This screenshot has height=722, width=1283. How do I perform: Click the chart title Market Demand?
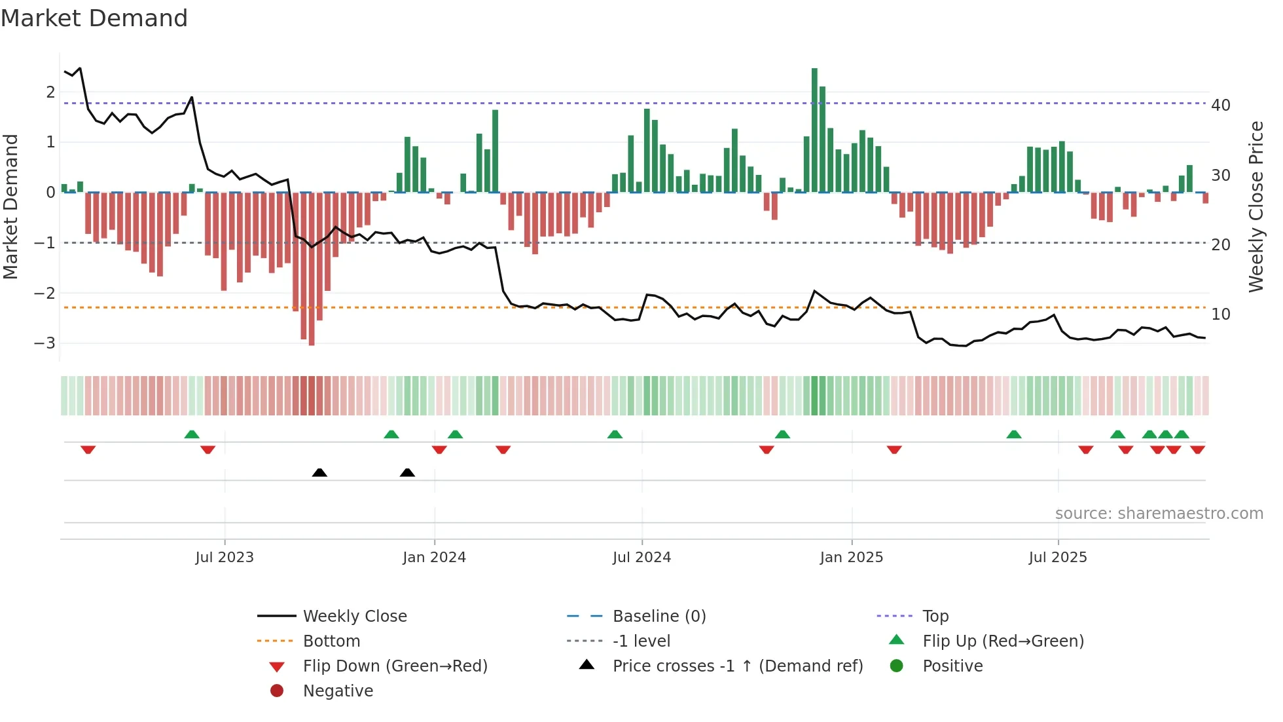point(94,18)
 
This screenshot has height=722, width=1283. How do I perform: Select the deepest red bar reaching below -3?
point(312,269)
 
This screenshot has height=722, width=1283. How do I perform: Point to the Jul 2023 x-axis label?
point(225,558)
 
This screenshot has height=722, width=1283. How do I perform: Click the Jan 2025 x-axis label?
point(851,558)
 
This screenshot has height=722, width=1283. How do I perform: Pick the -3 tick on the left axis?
point(45,343)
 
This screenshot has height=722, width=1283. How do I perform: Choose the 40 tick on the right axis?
point(1221,105)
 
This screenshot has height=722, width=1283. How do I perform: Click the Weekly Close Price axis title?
point(1256,206)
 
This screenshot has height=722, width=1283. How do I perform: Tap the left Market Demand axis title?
point(10,206)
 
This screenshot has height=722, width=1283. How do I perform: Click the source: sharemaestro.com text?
point(1159,514)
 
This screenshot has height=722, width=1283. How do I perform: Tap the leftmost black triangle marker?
point(319,472)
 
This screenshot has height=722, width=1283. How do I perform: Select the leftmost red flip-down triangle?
point(88,449)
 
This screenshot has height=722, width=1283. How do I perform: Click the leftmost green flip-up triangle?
point(192,434)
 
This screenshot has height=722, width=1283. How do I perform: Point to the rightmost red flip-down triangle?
point(1197,449)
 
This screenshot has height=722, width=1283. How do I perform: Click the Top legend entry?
point(935,617)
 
